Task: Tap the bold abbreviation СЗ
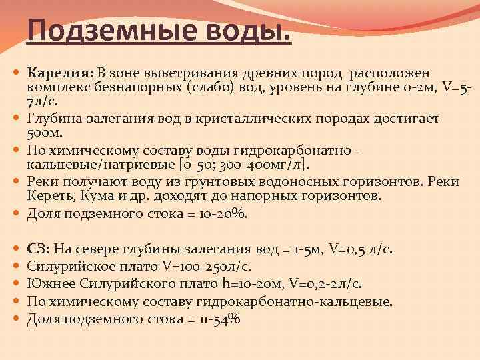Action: [37, 249]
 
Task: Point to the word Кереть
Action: [47, 196]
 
